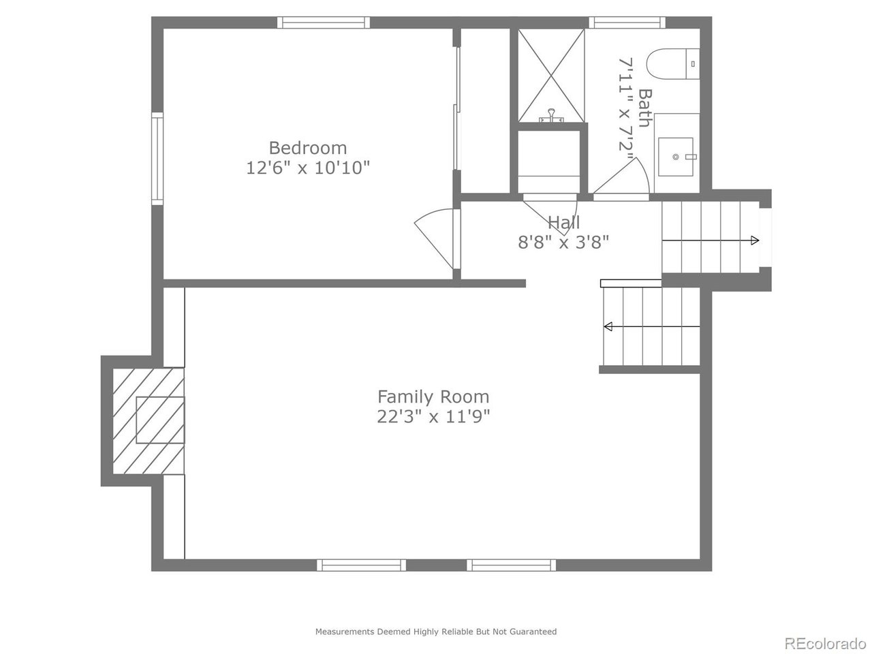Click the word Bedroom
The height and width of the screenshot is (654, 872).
pyautogui.click(x=308, y=148)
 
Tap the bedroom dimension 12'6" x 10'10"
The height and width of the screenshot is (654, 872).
pyautogui.click(x=308, y=168)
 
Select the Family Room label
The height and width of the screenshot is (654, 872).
pyautogui.click(x=433, y=396)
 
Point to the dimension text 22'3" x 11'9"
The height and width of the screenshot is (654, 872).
pyautogui.click(x=433, y=416)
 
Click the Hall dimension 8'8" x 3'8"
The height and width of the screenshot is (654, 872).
pyautogui.click(x=563, y=241)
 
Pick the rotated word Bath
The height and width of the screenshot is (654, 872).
pyautogui.click(x=644, y=108)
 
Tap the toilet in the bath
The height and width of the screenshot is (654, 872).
pyautogui.click(x=672, y=63)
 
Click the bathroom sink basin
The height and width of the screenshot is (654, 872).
pyautogui.click(x=676, y=157)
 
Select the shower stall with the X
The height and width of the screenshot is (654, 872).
pyautogui.click(x=551, y=76)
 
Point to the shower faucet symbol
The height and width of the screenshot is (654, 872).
pyautogui.click(x=551, y=116)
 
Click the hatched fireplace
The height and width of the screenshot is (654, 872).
pyautogui.click(x=149, y=420)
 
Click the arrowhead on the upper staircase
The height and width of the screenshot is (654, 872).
pyautogui.click(x=755, y=240)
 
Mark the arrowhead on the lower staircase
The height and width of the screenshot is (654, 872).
pyautogui.click(x=608, y=326)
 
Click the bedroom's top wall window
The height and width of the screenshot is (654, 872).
pyautogui.click(x=324, y=22)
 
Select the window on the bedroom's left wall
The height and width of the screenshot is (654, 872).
pyautogui.click(x=157, y=159)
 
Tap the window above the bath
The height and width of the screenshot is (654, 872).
pyautogui.click(x=627, y=22)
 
